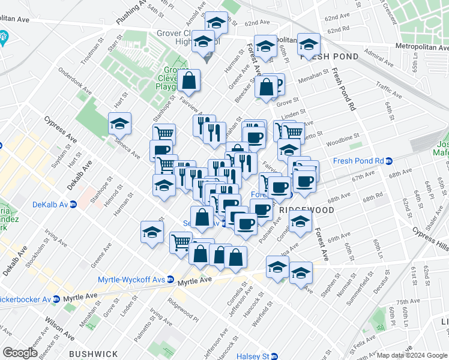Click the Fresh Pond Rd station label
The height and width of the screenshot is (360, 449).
358,161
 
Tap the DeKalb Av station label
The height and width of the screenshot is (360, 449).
46,203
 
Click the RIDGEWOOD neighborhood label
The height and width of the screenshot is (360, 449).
306,211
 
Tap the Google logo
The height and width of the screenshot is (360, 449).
20,353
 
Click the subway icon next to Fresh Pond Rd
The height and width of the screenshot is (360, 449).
388,161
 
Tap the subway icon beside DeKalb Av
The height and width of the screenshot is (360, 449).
73,203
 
